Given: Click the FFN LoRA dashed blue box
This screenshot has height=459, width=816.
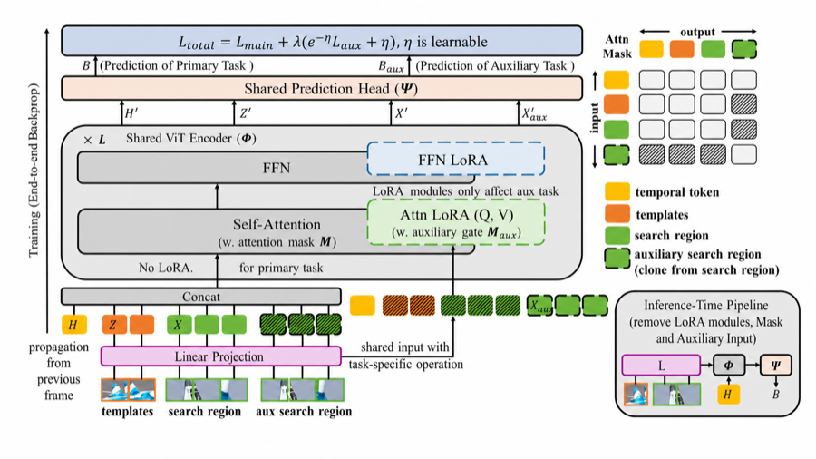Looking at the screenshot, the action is (456, 158).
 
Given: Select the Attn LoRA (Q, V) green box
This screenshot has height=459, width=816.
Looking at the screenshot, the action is (456, 222).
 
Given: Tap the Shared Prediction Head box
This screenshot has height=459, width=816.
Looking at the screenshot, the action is (322, 89).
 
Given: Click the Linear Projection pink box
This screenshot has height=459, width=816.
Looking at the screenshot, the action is (220, 356).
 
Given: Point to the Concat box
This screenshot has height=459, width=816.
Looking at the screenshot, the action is (201, 297).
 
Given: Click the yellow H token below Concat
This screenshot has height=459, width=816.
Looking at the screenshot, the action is (74, 325).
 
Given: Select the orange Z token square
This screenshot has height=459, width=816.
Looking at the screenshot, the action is (114, 325).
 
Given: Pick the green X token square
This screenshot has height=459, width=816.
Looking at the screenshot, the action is (179, 325).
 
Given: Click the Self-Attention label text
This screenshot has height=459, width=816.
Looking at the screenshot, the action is (277, 224).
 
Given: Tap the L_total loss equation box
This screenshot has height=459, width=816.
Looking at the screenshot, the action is (322, 41).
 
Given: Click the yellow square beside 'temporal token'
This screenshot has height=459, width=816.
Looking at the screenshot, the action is (617, 191).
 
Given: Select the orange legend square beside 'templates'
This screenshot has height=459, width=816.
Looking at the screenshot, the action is (617, 214).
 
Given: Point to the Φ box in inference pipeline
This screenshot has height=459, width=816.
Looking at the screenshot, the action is (729, 366).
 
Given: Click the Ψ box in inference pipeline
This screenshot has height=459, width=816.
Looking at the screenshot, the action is (776, 366).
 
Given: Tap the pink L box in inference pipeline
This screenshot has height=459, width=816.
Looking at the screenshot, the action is (661, 366).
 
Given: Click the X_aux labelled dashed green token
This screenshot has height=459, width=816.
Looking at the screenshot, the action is (539, 306).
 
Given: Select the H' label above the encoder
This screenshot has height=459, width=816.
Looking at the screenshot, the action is (131, 112).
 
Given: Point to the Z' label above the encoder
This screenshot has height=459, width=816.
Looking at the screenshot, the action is (245, 112).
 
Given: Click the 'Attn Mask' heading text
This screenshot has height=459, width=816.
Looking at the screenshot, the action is (617, 46).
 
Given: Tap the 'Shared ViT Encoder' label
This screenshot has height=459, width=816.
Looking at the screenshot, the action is (190, 139).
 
